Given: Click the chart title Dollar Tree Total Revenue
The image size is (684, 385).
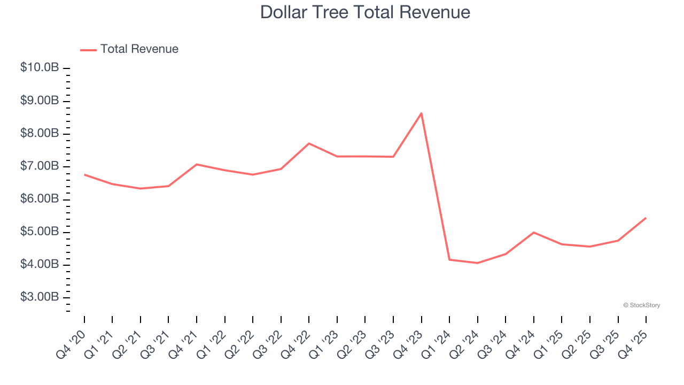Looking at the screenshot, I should point(365,12).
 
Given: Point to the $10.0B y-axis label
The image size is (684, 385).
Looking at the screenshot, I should point(40,68).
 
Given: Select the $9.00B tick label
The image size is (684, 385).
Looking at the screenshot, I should point(40,101).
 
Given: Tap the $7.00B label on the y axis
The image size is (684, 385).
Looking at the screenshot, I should point(40,166).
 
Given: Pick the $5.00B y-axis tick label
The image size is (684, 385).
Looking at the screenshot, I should point(40,232).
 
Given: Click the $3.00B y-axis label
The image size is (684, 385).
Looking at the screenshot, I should point(40,297).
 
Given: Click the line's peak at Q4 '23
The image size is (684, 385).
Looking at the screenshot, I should point(422,113).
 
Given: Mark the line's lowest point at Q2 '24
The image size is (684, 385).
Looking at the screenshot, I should point(478,263).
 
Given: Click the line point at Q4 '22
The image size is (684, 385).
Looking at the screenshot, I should point(309,143).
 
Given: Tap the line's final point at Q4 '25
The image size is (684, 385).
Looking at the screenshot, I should point(646,218).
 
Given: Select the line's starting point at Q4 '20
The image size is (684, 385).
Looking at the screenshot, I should point(84,174).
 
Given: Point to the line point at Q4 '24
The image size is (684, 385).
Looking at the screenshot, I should point(534,233).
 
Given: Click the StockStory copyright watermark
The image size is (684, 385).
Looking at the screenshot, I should point(641,305).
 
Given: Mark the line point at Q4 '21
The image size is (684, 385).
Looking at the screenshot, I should point(197,164).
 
